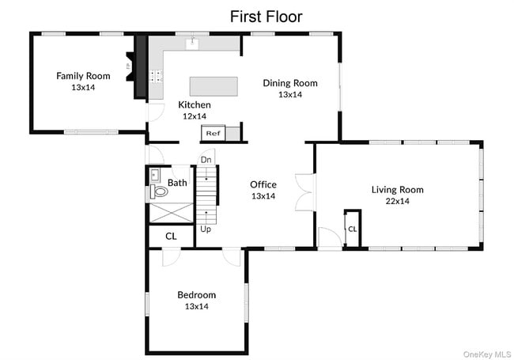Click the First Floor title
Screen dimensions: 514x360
[x=266, y=17]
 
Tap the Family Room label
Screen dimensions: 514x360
[x=83, y=76]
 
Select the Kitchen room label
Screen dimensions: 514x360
[x=195, y=105]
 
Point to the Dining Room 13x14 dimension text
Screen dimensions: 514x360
[x=290, y=94]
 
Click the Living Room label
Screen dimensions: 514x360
[x=397, y=190]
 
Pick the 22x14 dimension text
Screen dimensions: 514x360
[x=397, y=201]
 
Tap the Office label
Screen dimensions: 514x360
[x=263, y=184]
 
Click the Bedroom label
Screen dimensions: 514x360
[x=197, y=295]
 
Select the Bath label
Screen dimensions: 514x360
[x=177, y=183]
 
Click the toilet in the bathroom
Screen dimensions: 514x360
[x=159, y=191]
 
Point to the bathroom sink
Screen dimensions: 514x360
[x=154, y=176]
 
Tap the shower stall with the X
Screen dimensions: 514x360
[x=171, y=213]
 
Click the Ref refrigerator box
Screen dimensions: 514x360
[x=213, y=133]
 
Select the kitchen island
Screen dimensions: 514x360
[x=214, y=86]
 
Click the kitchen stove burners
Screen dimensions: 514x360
[x=157, y=76]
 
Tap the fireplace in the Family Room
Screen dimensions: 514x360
[x=130, y=66]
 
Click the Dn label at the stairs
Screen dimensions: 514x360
[x=206, y=160]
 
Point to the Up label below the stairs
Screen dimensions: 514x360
[x=206, y=229]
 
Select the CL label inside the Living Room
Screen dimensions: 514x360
[x=353, y=229]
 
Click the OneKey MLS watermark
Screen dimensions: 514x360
[x=487, y=354]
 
